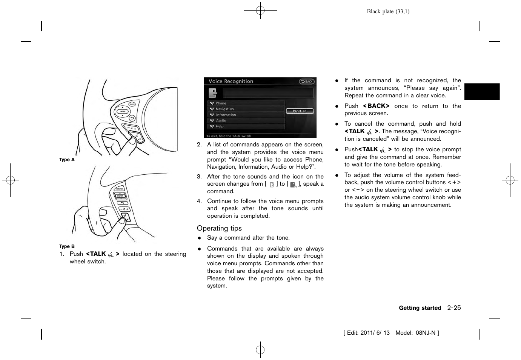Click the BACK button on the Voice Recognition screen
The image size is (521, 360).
pos(307,82)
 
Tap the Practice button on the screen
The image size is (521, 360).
pos(300,111)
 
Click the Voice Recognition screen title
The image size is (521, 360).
pos(231,81)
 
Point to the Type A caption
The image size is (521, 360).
pos(67,160)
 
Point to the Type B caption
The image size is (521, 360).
pos(67,246)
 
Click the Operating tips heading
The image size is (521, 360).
pos(219,228)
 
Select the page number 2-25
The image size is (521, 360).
pos(454,308)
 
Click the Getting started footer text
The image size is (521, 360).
pos(420,308)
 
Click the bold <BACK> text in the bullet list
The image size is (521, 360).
pos(376,106)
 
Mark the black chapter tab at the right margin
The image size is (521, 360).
pos(482,92)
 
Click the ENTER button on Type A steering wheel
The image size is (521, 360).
pos(123,111)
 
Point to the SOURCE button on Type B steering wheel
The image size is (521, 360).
pos(120,189)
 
